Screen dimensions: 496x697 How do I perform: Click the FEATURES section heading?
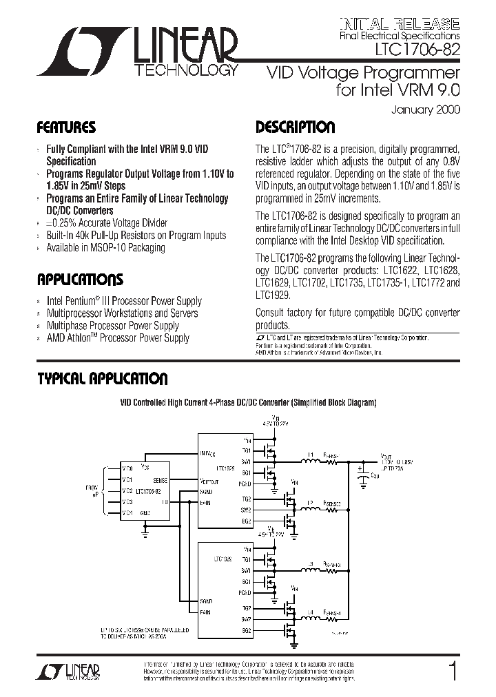tap(66, 128)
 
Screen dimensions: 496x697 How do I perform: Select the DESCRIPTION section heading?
tap(296, 128)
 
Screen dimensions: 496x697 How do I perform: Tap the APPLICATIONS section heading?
tap(80, 280)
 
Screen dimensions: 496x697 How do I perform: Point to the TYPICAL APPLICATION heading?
tap(102, 379)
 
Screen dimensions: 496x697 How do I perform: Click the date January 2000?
tap(426, 110)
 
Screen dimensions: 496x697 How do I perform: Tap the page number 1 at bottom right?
tap(452, 672)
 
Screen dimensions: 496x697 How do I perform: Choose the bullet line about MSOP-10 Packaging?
tap(105, 248)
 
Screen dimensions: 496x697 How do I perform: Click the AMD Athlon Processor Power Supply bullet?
tap(117, 338)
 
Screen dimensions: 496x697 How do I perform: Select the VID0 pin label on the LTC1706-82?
tap(127, 468)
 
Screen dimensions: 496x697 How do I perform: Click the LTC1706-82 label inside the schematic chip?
tap(148, 491)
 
